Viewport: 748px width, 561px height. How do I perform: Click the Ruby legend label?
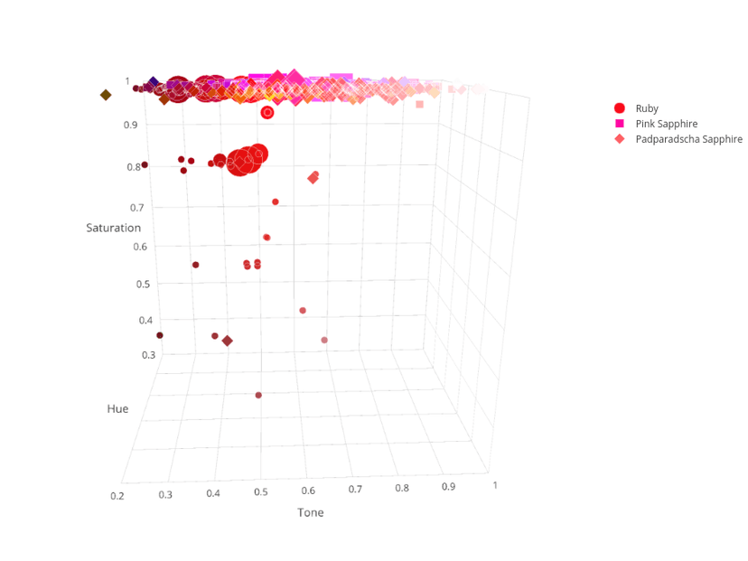647,108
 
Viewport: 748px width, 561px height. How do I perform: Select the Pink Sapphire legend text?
666,124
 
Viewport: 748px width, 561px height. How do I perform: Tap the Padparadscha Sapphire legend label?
688,139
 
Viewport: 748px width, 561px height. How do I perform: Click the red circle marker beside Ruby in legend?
620,108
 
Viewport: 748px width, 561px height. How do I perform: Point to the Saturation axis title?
113,228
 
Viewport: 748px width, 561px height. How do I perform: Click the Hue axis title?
117,408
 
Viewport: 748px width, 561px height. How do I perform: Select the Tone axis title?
311,512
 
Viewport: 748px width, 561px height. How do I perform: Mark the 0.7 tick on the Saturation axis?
136,208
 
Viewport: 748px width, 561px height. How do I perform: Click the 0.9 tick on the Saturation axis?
130,125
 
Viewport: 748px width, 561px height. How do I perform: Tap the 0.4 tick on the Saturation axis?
145,321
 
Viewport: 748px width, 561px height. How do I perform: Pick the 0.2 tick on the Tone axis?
117,496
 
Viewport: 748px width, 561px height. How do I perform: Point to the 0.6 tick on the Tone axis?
308,491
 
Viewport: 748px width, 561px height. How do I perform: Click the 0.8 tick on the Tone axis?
402,488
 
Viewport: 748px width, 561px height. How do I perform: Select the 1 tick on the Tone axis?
495,485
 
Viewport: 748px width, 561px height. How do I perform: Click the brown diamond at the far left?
105,95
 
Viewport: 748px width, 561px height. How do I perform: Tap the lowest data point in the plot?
258,395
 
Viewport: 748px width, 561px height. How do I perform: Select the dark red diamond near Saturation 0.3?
228,341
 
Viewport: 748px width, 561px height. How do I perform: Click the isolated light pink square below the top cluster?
419,105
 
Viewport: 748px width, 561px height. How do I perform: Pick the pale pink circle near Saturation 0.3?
324,340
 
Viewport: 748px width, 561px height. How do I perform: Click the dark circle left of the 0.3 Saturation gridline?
160,335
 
